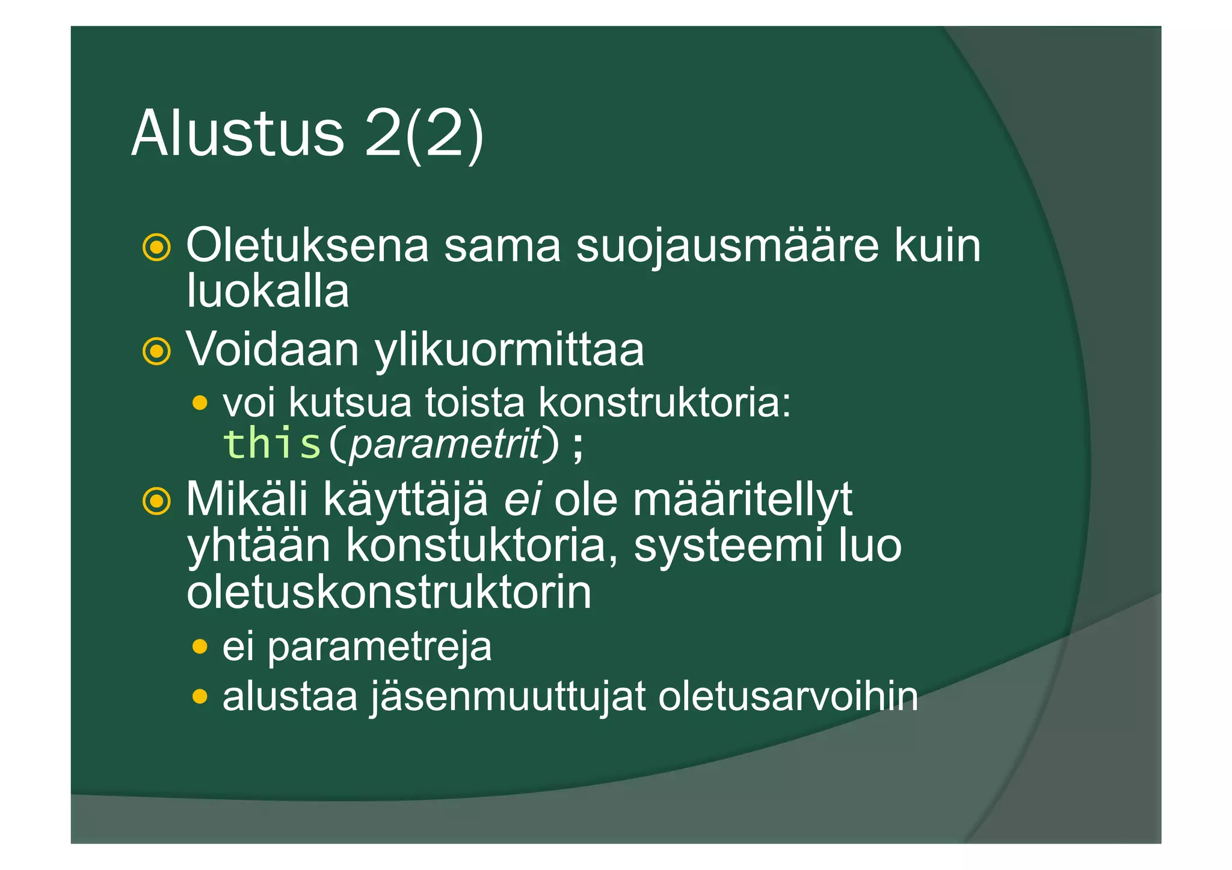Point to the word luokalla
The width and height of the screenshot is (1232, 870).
268,291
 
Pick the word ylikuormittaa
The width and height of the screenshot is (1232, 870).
510,350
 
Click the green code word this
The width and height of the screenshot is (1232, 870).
272,444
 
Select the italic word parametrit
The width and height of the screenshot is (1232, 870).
446,444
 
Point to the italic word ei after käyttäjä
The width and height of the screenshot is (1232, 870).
522,499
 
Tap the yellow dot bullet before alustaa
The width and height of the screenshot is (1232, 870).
200,697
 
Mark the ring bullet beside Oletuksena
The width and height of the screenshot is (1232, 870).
156,247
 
